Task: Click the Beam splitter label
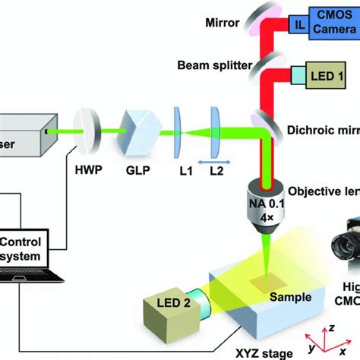215,67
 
